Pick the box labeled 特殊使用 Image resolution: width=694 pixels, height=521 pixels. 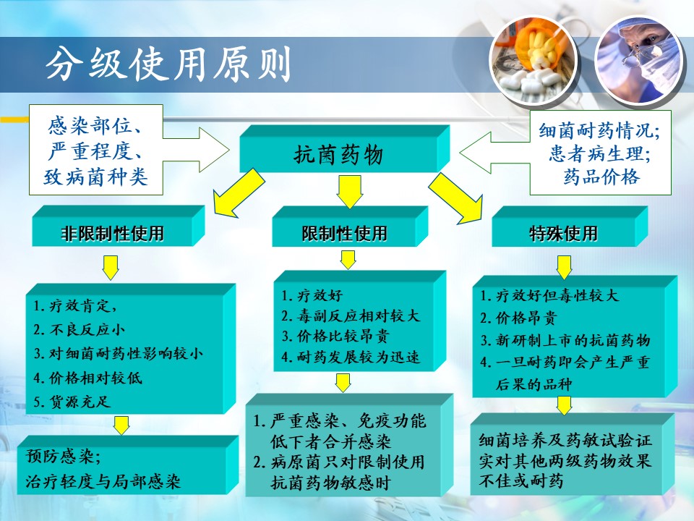coord(563,234)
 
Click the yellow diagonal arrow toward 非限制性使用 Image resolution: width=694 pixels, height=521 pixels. coord(233,192)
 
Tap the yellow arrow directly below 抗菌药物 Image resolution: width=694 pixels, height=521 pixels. coord(344,190)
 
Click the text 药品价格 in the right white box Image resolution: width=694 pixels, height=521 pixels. coord(600,177)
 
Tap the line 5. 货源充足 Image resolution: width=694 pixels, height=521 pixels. coord(72,402)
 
